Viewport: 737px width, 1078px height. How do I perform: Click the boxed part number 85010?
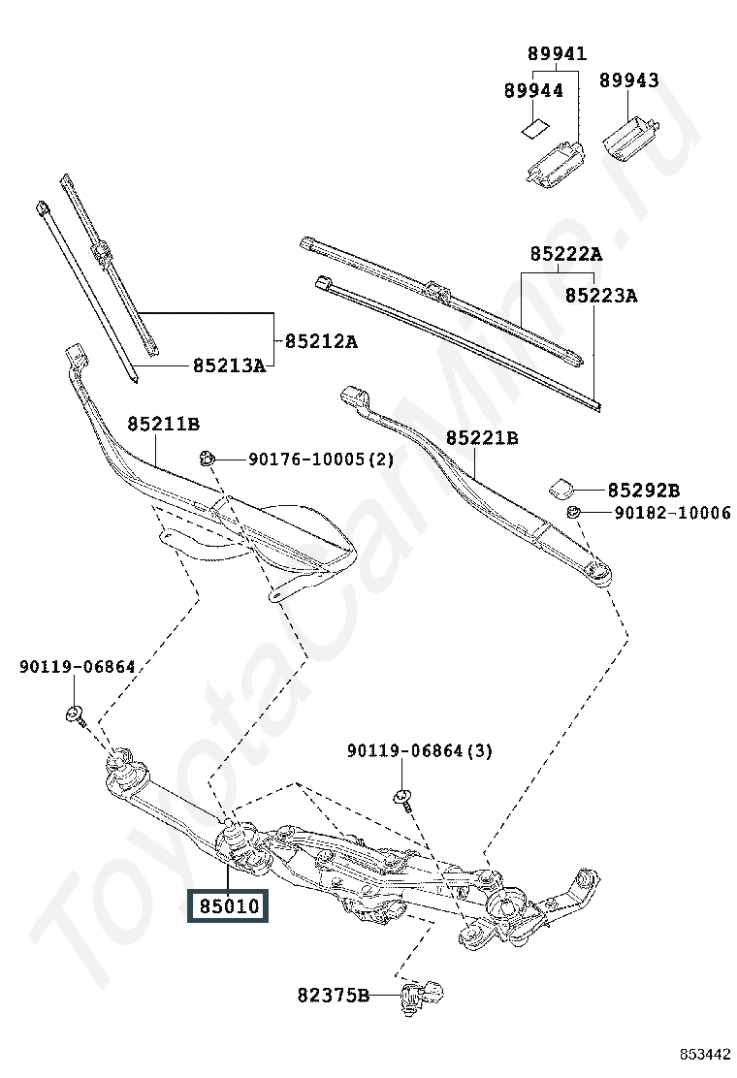point(229,906)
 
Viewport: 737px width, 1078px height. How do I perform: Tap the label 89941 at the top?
point(557,53)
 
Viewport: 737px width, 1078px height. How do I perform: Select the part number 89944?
point(533,90)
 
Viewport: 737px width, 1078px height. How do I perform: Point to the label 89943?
point(628,80)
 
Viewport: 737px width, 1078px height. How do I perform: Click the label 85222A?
point(565,254)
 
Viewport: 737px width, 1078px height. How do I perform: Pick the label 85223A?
point(601,295)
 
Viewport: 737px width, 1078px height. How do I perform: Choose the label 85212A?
point(321,341)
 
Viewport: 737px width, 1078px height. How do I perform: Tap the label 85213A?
point(229,365)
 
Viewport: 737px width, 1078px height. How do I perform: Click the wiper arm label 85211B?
point(163,424)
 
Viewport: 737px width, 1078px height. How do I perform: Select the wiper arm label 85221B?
point(482,438)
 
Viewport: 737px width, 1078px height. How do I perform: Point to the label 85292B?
point(644,491)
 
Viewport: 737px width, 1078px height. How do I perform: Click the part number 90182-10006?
point(672,513)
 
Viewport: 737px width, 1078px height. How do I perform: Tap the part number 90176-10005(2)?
point(321,459)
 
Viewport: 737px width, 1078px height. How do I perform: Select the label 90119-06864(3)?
point(419,751)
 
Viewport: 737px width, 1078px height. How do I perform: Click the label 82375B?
point(334,995)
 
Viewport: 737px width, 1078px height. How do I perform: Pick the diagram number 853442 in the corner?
point(704,1054)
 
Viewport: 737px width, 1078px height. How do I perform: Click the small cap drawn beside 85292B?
point(562,487)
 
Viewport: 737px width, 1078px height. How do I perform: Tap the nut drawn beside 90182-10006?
point(573,512)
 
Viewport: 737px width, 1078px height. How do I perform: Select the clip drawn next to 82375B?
point(422,994)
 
